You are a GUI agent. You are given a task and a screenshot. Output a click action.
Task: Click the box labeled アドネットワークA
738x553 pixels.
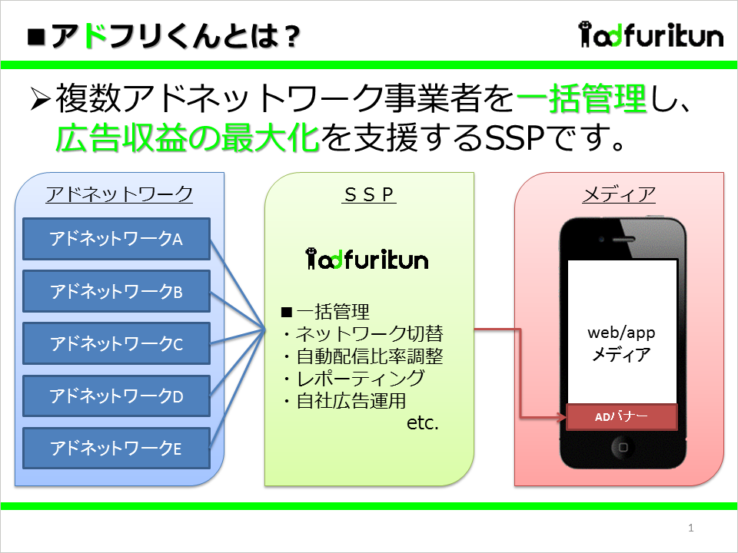(116, 239)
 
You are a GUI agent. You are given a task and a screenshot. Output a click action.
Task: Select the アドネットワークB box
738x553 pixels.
(116, 291)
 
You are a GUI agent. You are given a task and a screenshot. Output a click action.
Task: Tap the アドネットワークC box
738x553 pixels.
(116, 343)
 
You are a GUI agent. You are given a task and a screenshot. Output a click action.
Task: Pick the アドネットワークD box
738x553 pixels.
(116, 396)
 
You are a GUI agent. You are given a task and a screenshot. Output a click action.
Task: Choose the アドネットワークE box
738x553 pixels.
(116, 448)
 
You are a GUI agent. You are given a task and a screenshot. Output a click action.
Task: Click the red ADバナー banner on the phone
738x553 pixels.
(621, 416)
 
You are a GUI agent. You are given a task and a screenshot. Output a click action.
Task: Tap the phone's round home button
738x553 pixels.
(622, 447)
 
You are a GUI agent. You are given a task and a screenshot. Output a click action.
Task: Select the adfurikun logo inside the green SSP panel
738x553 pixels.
(367, 259)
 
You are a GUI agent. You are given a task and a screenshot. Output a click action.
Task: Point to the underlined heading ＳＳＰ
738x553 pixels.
(369, 194)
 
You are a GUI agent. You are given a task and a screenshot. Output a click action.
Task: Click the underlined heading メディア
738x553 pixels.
(619, 194)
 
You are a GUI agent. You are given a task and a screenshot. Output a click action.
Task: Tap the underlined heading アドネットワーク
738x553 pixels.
(120, 194)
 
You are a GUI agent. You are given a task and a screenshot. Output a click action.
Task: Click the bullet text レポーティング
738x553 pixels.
(360, 379)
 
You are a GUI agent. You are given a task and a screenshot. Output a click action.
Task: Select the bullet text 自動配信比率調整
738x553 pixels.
(370, 356)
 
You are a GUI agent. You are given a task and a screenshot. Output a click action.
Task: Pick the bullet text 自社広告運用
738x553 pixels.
(351, 401)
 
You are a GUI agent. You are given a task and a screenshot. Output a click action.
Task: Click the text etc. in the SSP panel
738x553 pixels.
(423, 422)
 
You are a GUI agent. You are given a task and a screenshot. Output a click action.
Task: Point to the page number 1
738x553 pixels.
(691, 528)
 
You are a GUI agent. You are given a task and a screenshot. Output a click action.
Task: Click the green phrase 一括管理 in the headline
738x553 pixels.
(582, 99)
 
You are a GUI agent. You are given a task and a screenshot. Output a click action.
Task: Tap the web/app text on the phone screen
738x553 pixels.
(621, 333)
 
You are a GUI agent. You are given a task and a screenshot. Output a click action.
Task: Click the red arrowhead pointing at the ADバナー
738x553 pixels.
(561, 417)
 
